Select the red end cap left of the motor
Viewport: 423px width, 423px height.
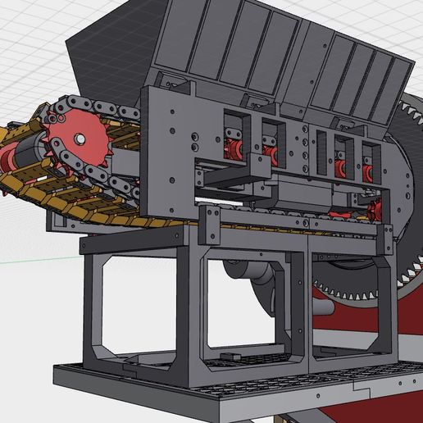coord(9,156)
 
